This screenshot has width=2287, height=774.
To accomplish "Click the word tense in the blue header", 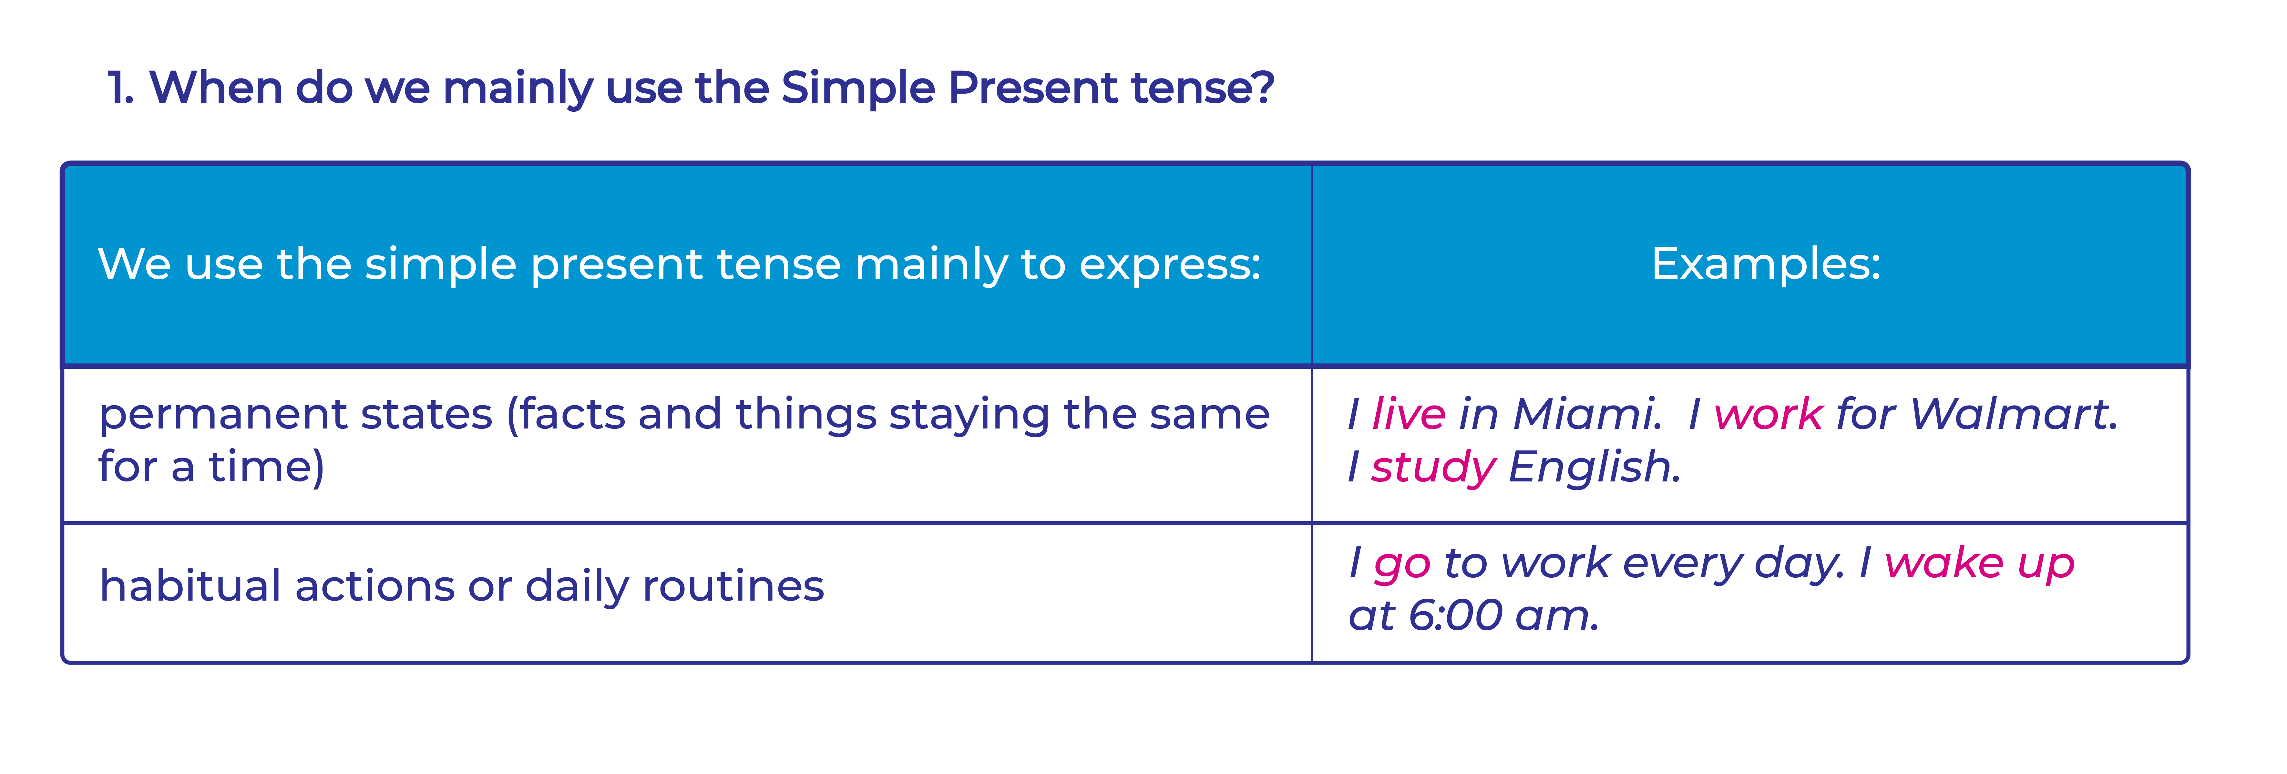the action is [x=778, y=264].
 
